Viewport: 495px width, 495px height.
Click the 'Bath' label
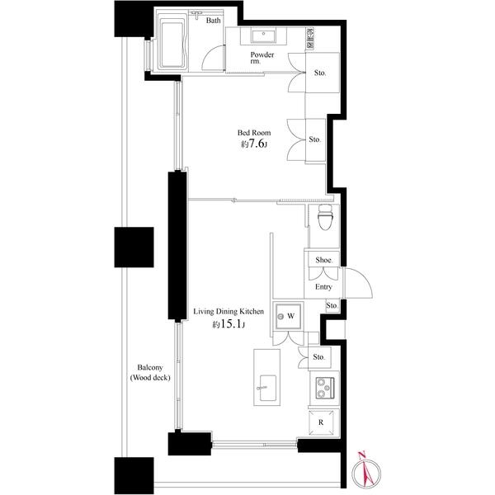[x=213, y=21]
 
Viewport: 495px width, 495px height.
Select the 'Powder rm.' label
[x=263, y=59]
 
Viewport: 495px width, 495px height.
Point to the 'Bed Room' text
[x=254, y=132]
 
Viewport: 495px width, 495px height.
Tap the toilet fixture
[x=324, y=221]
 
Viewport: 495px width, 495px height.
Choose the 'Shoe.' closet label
[x=323, y=259]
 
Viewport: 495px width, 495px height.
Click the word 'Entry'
[x=323, y=287]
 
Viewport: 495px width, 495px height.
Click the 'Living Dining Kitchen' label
[x=229, y=312]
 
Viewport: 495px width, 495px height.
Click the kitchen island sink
[x=266, y=385]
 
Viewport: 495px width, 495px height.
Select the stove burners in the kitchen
[x=323, y=386]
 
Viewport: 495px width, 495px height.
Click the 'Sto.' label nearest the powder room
[x=320, y=73]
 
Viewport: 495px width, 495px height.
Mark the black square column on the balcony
[x=134, y=247]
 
